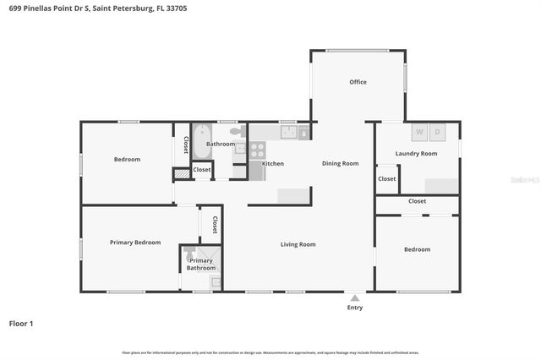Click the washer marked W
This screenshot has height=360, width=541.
(x=418, y=133)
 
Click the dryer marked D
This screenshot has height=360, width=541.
(x=438, y=133)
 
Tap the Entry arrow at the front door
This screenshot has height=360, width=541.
(x=355, y=297)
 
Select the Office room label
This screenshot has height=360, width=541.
(x=358, y=82)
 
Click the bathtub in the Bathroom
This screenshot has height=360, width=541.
(x=200, y=143)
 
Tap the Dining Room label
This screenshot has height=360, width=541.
(x=340, y=163)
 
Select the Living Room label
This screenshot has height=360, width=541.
(x=298, y=244)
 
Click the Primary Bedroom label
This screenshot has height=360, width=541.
(x=135, y=243)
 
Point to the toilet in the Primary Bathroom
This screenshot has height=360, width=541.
(x=189, y=251)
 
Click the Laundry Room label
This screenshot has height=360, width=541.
(x=416, y=153)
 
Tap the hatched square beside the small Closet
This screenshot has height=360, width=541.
(x=182, y=174)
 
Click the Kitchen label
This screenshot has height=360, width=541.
(x=272, y=163)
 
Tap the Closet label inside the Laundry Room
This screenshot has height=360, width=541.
(x=387, y=178)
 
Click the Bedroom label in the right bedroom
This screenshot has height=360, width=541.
(x=417, y=249)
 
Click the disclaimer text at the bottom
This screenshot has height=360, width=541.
(x=270, y=352)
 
